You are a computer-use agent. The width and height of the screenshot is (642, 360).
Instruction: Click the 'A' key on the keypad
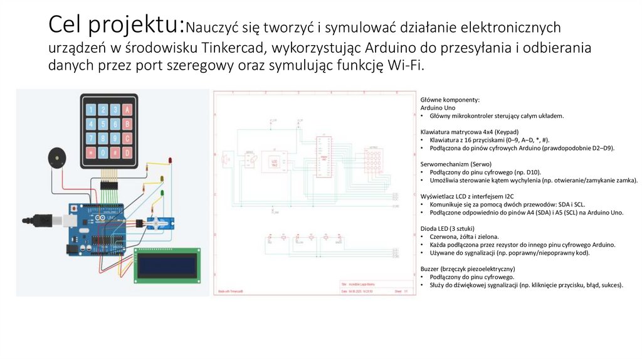tap(127, 109)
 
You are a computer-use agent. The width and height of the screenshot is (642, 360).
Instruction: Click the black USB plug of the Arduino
tap(38, 221)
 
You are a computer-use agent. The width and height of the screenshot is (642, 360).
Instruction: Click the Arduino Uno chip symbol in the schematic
tap(324, 157)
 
